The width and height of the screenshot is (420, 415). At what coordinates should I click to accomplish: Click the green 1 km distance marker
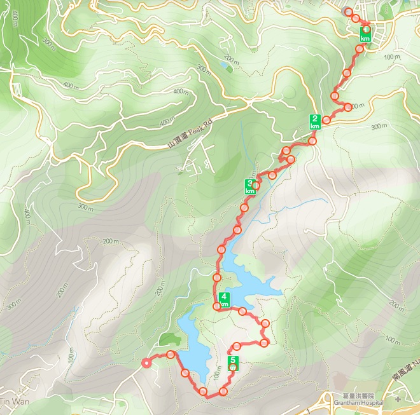click(x=365, y=34)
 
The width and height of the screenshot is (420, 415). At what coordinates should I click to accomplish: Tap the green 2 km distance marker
click(x=314, y=121)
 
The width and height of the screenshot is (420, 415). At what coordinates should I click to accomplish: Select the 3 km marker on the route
click(x=250, y=187)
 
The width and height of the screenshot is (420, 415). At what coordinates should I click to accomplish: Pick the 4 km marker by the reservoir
click(x=224, y=299)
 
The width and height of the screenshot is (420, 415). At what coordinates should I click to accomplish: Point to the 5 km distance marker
click(x=233, y=364)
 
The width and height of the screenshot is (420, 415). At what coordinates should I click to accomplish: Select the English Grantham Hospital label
click(x=358, y=403)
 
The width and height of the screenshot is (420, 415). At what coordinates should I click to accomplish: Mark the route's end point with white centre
click(x=146, y=364)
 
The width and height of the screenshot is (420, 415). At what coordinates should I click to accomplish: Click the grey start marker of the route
click(x=347, y=11)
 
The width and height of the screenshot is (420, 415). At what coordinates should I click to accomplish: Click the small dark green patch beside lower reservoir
click(x=167, y=339)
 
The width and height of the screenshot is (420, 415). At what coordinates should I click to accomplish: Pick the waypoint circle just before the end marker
click(x=171, y=354)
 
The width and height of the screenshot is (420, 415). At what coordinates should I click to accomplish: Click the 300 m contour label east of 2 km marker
click(x=378, y=126)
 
